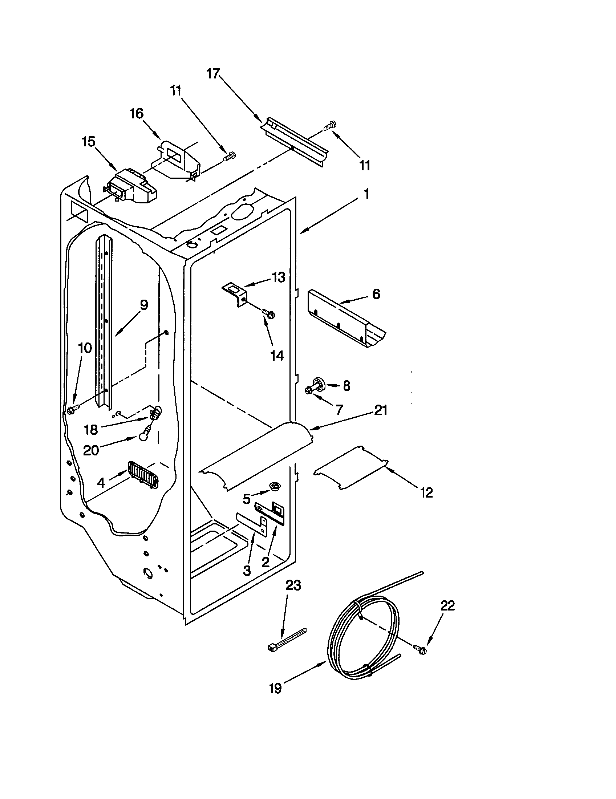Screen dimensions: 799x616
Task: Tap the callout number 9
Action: (x=144, y=305)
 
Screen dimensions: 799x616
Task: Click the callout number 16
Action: (x=137, y=114)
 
